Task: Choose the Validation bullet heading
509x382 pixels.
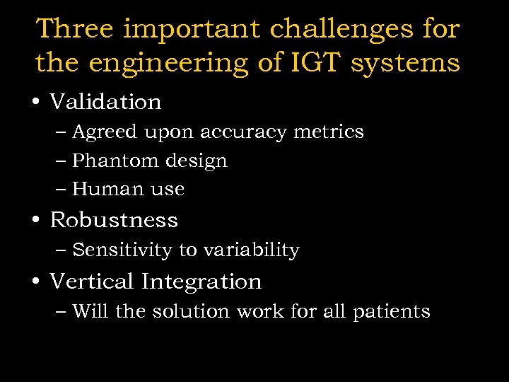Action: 105,102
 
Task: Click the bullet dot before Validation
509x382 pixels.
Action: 35,103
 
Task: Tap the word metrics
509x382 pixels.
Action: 329,132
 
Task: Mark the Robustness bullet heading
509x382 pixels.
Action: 114,220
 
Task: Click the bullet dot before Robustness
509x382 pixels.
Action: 35,221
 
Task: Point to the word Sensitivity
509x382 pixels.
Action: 122,250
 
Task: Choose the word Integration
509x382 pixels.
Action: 201,282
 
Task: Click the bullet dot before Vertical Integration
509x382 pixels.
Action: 35,282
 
